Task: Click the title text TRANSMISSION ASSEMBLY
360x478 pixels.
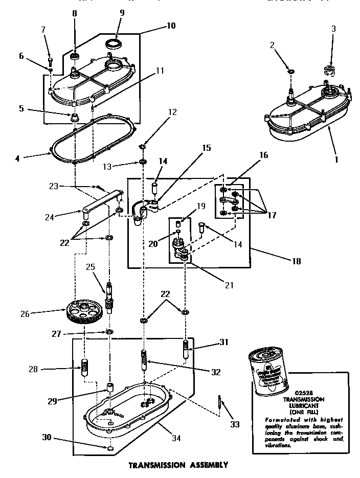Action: coord(177,465)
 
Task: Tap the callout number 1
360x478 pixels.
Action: coord(336,158)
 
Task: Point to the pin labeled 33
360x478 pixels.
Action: coord(219,401)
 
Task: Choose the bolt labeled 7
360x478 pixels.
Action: coord(50,60)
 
